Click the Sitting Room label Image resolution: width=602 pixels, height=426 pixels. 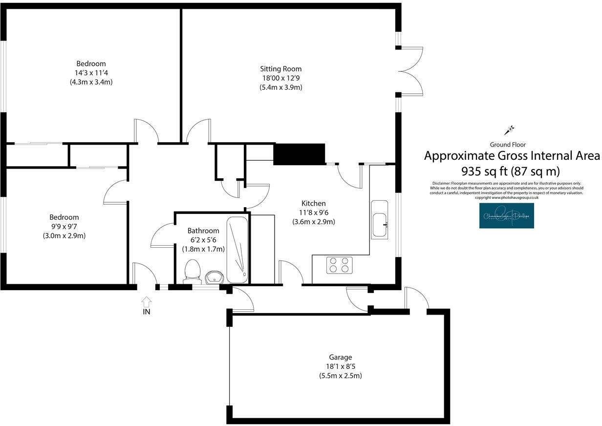tap(280, 69)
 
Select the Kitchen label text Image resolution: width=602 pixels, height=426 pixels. tap(313, 203)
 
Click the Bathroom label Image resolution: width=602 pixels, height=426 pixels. tap(203, 231)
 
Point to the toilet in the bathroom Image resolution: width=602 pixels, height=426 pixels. tap(192, 271)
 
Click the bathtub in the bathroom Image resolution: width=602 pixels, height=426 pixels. tap(237, 250)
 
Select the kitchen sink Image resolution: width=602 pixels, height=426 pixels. tap(379, 219)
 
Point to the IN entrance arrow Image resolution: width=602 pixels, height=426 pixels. tap(146, 302)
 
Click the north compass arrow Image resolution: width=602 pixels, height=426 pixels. tap(510, 130)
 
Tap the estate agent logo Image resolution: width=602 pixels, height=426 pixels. tap(506, 216)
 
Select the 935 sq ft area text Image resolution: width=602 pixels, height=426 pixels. tap(510, 171)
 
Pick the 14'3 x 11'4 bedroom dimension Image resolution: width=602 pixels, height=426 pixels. tap(91, 73)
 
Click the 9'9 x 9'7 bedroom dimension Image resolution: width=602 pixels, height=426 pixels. tap(64, 227)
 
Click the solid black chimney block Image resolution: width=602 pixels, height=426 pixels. tap(299, 154)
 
